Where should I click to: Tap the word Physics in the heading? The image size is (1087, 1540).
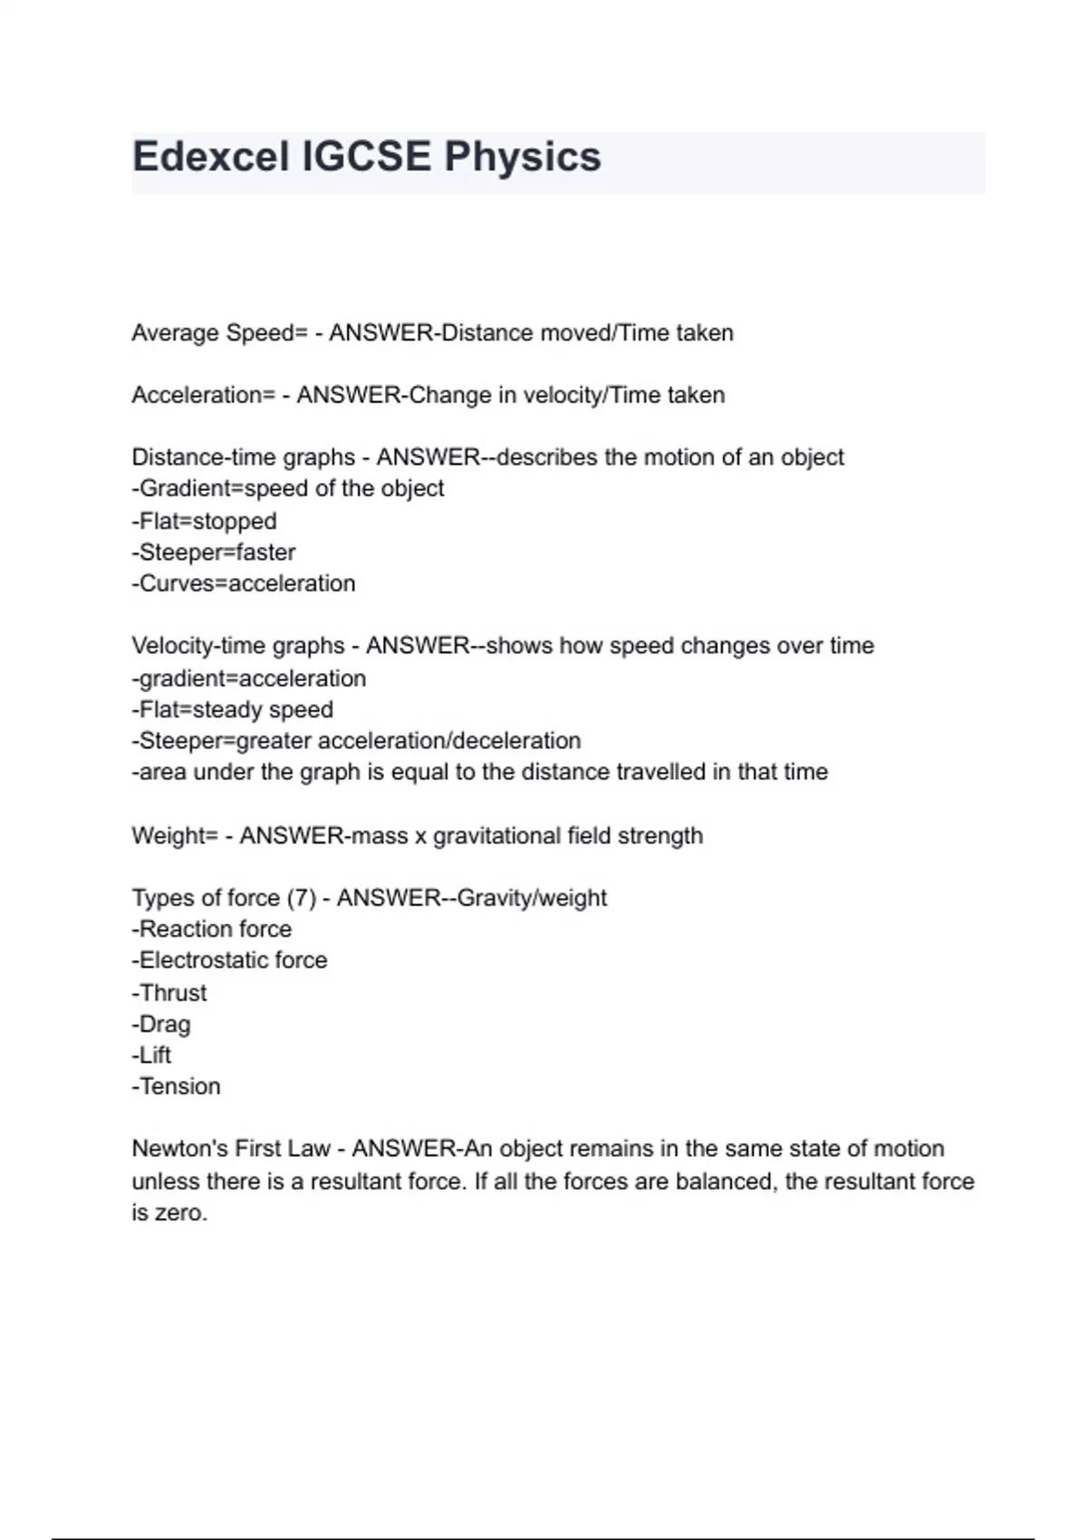(x=523, y=157)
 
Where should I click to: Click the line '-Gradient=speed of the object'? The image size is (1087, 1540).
(x=288, y=488)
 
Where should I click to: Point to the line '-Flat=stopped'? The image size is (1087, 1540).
(x=205, y=521)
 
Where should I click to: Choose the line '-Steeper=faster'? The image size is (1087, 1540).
(x=214, y=552)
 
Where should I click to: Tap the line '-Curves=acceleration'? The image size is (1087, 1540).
(x=244, y=583)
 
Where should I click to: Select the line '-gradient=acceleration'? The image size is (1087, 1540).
(x=249, y=679)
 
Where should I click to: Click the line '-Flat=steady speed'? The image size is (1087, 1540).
(x=233, y=709)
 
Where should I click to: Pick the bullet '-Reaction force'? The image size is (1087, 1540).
(x=212, y=929)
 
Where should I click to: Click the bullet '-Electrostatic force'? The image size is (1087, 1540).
(x=230, y=960)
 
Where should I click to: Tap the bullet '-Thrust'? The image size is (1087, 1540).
(x=169, y=993)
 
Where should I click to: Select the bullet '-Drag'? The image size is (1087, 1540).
(x=161, y=1024)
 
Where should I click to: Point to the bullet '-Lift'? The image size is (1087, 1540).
(x=151, y=1055)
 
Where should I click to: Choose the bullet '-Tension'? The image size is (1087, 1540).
(x=177, y=1086)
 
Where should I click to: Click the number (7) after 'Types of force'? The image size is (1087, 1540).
(x=302, y=898)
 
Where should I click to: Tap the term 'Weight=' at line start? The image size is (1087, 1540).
(x=175, y=835)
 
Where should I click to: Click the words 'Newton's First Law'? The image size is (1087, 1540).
(x=231, y=1149)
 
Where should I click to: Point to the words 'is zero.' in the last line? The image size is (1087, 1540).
(x=169, y=1212)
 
